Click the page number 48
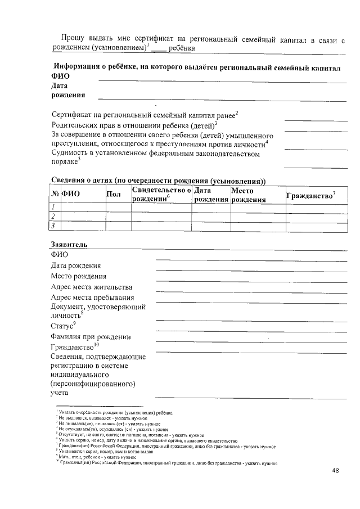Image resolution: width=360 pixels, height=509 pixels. coord(336,470)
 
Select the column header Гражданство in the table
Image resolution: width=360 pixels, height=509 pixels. coord(310,196)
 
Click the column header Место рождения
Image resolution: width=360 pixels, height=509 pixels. coord(248,195)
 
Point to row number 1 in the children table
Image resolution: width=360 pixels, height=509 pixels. coord(52,208)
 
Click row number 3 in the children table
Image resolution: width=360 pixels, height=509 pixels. coord(52,226)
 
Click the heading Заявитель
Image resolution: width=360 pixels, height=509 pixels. coord(69,246)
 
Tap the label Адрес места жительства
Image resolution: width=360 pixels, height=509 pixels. coord(91,287)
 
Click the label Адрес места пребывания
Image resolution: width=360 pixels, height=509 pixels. coord(92,298)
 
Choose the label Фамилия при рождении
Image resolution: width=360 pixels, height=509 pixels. coord(91,337)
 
